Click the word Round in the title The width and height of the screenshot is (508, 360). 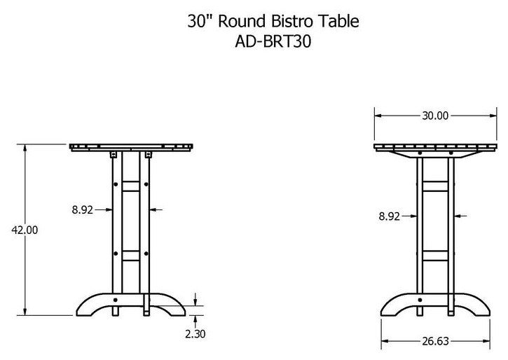(x=240, y=21)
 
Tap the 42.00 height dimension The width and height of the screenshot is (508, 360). (x=25, y=229)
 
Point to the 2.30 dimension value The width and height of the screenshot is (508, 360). (x=196, y=333)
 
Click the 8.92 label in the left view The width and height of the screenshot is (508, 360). (x=82, y=208)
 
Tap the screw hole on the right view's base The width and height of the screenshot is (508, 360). (x=420, y=302)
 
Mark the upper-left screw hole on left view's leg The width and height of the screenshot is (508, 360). (x=115, y=184)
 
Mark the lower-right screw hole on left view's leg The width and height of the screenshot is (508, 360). (x=146, y=252)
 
